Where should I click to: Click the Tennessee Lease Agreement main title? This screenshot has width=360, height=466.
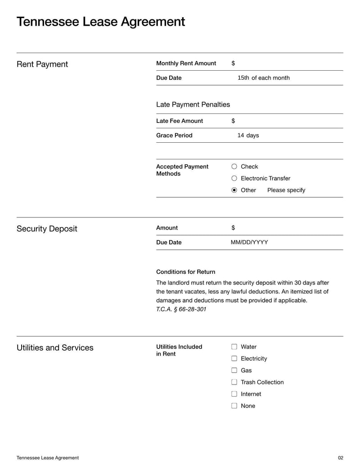pyautogui.click(x=100, y=22)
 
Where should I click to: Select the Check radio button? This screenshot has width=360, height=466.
pyautogui.click(x=234, y=167)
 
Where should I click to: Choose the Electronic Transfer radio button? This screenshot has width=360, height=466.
pyautogui.click(x=234, y=178)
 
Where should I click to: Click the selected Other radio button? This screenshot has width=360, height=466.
pyautogui.click(x=234, y=190)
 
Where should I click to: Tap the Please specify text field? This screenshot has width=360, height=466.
pyautogui.click(x=286, y=190)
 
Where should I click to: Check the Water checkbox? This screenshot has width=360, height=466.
pyautogui.click(x=234, y=347)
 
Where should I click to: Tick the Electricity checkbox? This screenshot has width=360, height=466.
pyautogui.click(x=234, y=358)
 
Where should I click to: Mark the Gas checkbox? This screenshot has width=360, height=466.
pyautogui.click(x=234, y=370)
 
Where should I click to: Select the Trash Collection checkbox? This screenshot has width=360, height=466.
pyautogui.click(x=234, y=382)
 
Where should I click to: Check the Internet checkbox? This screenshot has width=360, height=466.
pyautogui.click(x=234, y=394)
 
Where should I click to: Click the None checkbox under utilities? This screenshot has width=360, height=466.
pyautogui.click(x=234, y=405)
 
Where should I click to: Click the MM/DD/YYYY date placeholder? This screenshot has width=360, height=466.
pyautogui.click(x=249, y=242)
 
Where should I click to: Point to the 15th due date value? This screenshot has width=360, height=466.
pyautogui.click(x=243, y=78)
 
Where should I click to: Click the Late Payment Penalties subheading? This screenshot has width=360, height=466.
pyautogui.click(x=193, y=104)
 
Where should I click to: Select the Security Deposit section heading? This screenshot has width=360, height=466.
pyautogui.click(x=47, y=229)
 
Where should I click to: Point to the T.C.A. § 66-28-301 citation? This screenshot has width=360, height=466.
pyautogui.click(x=181, y=309)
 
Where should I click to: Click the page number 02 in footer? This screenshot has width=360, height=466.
pyautogui.click(x=340, y=458)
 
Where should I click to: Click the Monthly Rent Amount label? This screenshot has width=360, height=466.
pyautogui.click(x=186, y=63)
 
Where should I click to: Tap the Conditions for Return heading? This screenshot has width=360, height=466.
pyautogui.click(x=185, y=272)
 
